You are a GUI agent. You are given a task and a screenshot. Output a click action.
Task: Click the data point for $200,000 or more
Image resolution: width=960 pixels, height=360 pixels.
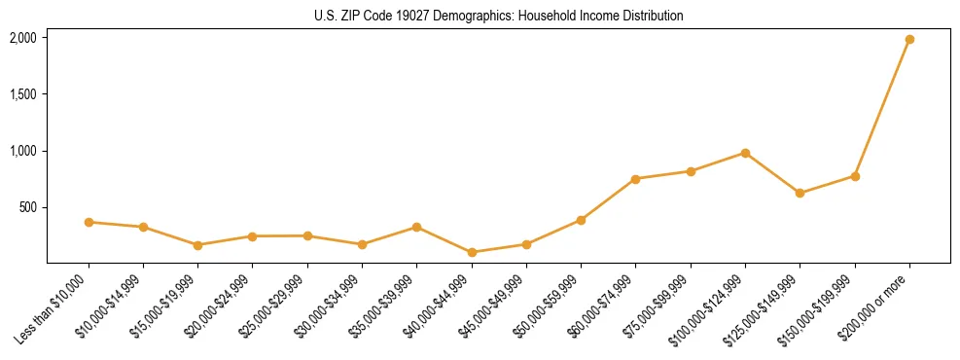click(909, 39)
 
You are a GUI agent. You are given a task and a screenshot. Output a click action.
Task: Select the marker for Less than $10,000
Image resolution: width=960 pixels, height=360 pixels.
click(89, 222)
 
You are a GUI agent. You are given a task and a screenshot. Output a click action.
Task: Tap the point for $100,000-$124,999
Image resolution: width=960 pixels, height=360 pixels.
click(745, 153)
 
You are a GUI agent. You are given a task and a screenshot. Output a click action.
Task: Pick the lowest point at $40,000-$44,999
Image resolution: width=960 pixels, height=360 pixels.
click(472, 252)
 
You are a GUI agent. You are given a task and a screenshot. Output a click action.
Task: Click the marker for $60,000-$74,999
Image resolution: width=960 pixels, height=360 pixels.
click(635, 179)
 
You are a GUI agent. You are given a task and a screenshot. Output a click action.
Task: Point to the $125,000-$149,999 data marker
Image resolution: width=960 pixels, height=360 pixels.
click(800, 193)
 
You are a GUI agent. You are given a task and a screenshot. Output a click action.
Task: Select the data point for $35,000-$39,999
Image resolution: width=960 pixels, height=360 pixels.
click(417, 227)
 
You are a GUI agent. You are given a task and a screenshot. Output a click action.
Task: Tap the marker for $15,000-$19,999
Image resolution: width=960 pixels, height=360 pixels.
click(198, 245)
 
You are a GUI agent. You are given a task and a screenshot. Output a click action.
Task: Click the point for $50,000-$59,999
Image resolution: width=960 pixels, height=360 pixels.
click(581, 220)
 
